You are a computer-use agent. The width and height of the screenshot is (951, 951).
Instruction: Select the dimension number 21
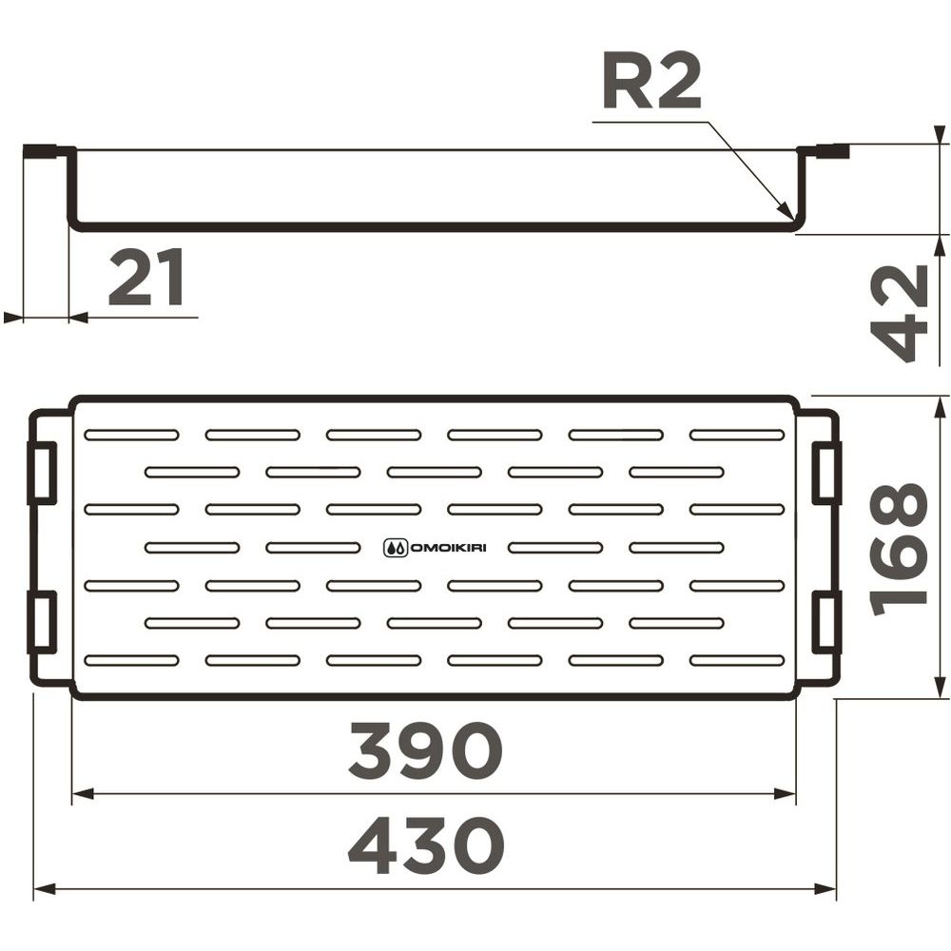pos(146,278)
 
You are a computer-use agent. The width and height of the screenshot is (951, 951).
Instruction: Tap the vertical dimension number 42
pos(900,313)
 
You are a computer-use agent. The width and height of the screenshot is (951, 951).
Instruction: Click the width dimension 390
pos(425,751)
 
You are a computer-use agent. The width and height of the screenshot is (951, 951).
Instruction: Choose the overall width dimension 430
pos(426,845)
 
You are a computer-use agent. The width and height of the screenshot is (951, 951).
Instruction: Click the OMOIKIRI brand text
pos(449,549)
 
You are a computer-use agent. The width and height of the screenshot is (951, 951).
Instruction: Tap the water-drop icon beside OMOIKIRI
pos(396,549)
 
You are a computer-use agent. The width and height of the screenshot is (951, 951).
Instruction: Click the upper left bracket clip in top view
pos(42,473)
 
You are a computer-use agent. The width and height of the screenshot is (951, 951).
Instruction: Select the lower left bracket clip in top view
pos(42,622)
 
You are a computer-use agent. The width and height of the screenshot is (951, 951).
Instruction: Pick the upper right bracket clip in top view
pos(826,473)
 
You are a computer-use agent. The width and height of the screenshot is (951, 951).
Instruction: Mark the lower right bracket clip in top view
pos(826,622)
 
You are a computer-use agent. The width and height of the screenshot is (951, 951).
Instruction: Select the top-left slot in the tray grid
pos(131,435)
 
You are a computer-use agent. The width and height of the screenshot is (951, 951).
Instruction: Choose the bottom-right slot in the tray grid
pos(737,661)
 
